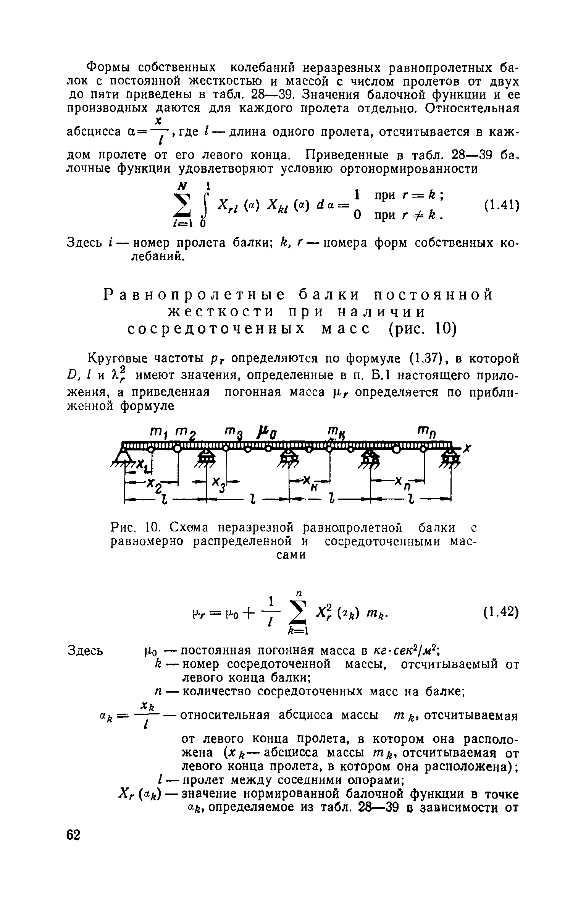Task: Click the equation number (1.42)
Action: coord(501,613)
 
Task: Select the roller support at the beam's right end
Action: coord(452,457)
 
